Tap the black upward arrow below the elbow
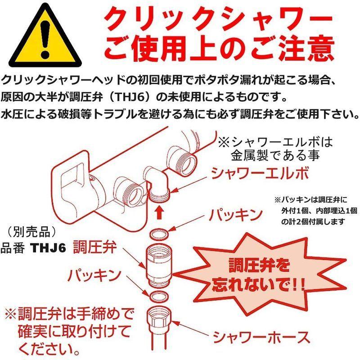158,211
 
